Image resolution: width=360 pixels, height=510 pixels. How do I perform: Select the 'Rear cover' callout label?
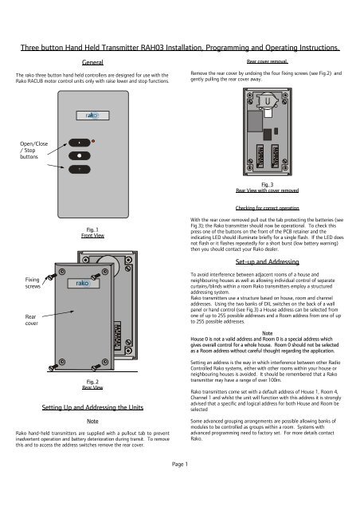coord(13,320)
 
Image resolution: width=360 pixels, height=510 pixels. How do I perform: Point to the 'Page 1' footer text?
coord(180,485)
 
